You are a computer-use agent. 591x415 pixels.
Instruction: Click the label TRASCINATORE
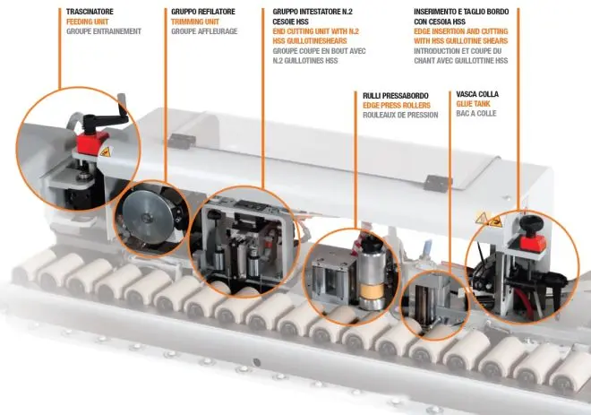[90, 12]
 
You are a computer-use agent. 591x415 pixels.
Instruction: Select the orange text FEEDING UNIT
[88, 22]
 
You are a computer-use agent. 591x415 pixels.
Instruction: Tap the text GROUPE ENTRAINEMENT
[104, 31]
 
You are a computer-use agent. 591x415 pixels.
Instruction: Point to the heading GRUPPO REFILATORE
[203, 12]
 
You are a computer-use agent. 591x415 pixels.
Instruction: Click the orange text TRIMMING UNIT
[195, 22]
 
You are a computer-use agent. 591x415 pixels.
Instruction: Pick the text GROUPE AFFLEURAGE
[204, 31]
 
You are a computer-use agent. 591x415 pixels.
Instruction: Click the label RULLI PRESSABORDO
[396, 96]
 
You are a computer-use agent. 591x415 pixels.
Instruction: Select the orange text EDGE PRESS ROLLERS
[397, 105]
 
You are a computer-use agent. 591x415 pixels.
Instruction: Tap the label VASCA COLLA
[477, 94]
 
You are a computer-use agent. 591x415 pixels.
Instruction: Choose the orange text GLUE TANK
[474, 104]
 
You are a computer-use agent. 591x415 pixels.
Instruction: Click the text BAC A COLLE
[476, 113]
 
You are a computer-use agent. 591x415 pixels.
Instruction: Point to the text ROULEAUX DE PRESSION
[400, 115]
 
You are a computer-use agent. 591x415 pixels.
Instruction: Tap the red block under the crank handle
[90, 141]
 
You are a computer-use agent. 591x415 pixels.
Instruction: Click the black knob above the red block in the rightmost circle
[531, 224]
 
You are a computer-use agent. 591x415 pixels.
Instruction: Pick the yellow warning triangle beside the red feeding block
[105, 151]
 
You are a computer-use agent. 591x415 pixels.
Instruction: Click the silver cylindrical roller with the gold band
[372, 275]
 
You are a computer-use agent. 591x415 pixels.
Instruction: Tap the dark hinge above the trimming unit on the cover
[181, 142]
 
